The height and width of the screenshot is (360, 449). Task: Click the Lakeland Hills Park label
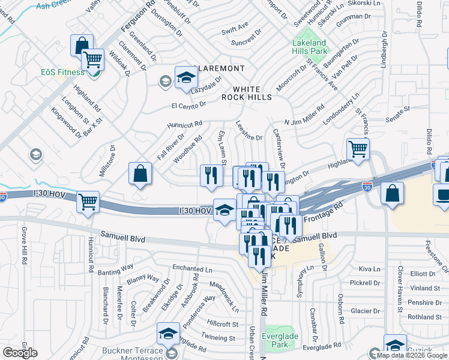(309, 47)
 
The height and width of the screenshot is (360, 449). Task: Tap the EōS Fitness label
(62, 73)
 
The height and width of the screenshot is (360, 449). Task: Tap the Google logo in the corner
(20, 352)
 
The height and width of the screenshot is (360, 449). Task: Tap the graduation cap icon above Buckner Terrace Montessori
(168, 333)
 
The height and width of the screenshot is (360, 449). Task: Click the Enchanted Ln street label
(192, 269)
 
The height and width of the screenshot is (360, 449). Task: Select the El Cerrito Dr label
(188, 104)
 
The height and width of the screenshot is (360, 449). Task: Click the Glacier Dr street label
(366, 311)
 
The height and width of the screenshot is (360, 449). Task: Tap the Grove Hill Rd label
(25, 247)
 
